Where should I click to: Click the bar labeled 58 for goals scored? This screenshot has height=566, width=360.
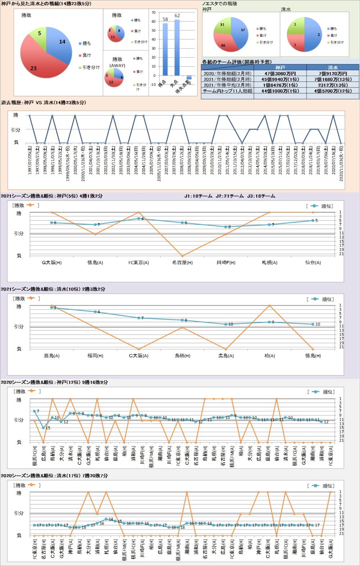pos(165,49)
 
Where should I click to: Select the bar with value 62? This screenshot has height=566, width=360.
pos(177,47)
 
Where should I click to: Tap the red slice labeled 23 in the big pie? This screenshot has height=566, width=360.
pos(36,63)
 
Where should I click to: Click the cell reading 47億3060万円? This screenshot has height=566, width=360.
pos(280,73)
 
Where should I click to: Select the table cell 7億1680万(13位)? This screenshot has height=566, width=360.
pos(333,79)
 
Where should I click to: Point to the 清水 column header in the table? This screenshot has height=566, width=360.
pos(333,68)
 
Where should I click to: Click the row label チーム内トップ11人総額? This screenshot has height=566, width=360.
pos(227,91)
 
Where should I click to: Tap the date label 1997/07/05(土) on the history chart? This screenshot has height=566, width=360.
pos(30,160)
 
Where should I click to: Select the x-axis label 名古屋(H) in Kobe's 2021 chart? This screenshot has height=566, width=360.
pos(182,263)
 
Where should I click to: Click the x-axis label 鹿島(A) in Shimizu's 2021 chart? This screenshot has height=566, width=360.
pos(51,356)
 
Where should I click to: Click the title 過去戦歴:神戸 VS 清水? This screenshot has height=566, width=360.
pos(43,103)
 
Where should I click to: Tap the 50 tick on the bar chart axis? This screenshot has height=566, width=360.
pos(154,30)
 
